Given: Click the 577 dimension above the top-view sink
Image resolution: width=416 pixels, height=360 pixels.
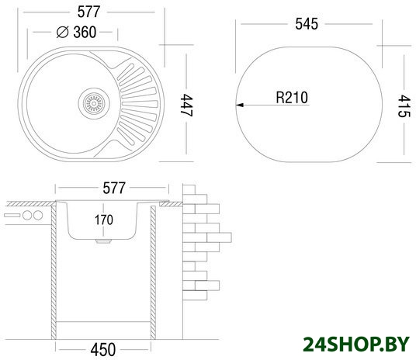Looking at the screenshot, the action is [88, 12].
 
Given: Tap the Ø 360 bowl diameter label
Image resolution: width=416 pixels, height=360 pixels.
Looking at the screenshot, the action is [76, 32].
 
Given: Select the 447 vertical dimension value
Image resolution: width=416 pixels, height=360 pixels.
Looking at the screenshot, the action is [186, 106].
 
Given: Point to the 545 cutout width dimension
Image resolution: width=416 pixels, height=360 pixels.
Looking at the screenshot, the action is [307, 24].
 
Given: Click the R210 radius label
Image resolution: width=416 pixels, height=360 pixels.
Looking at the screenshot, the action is [292, 97].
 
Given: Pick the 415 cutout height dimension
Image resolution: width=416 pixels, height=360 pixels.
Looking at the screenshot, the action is [404, 106].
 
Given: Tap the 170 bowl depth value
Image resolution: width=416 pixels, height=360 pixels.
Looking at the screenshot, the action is [104, 220].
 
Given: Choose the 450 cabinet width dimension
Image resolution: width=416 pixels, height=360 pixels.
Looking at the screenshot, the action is [103, 350].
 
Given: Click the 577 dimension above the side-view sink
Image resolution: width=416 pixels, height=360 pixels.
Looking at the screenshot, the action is [114, 188].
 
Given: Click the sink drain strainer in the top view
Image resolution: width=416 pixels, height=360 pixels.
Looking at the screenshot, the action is [94, 103].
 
